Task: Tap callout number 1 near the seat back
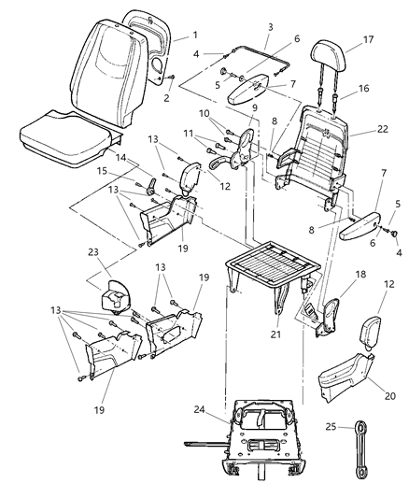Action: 194,36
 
